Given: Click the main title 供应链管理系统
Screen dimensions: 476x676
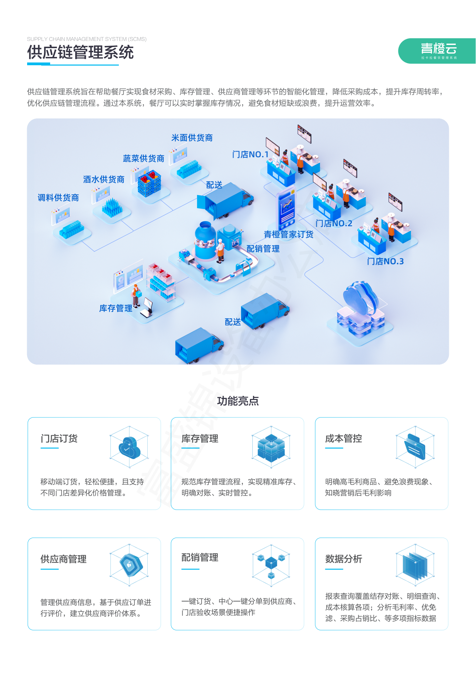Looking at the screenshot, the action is click(80, 53).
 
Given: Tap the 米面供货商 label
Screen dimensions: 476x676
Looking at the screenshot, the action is click(192, 138).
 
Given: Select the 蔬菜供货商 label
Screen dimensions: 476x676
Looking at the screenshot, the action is click(144, 159).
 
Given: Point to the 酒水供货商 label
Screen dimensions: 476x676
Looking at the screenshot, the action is click(104, 180).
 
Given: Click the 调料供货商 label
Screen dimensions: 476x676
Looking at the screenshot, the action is click(58, 198).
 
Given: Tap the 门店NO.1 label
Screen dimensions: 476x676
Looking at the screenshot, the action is click(250, 154).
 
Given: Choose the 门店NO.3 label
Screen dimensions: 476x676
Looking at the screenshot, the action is click(385, 262).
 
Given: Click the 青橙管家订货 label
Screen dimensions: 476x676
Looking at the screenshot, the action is click(288, 234).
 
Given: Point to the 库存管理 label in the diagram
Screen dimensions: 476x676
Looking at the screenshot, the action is click(116, 308).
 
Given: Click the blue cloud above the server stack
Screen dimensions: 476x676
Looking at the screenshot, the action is click(359, 297).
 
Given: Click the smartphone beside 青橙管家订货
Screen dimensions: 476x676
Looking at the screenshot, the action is click(286, 209).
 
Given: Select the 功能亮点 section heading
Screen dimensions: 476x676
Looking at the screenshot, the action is click(238, 401).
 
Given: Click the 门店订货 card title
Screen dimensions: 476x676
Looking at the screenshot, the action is click(59, 439).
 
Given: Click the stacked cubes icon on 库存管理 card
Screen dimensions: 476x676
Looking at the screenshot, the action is click(271, 447).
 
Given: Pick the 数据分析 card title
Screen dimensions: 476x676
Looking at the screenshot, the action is click(343, 559).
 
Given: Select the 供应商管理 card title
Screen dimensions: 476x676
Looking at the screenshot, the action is click(64, 559).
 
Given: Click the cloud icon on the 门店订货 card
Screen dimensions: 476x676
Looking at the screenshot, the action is click(129, 447).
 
